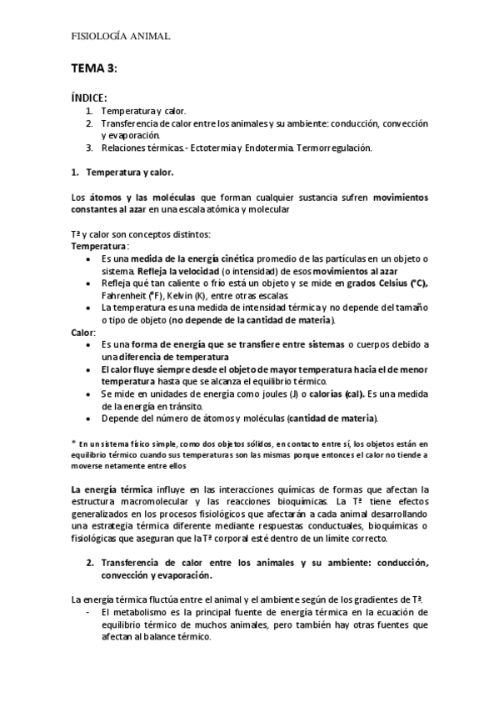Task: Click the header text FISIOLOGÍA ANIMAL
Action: point(121,37)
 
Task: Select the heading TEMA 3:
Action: point(94,68)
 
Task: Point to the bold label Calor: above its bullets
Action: point(85,333)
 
